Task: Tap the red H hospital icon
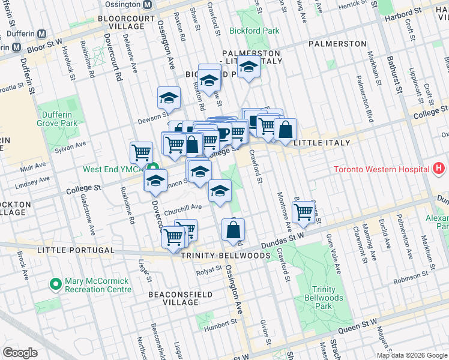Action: point(439,169)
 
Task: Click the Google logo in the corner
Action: point(20,352)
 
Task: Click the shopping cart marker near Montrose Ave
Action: point(304,212)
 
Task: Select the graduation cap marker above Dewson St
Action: point(169,98)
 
